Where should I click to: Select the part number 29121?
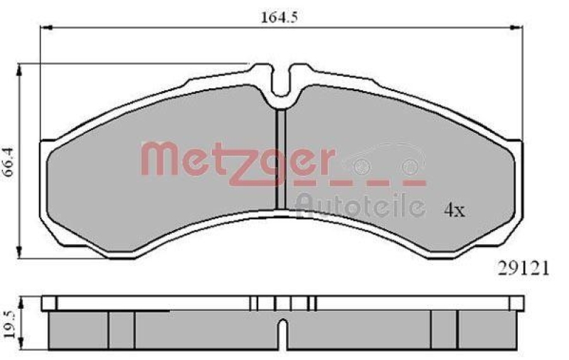click(x=521, y=269)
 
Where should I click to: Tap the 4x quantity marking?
click(x=454, y=211)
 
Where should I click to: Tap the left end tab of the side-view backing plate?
click(x=48, y=304)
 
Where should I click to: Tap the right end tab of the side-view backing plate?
click(x=516, y=304)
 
